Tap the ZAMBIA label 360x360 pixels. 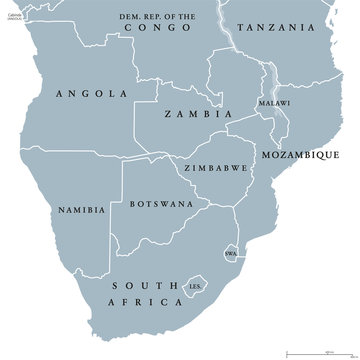point(190,115)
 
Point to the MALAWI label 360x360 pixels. point(274,103)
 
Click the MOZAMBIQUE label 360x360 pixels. point(300,155)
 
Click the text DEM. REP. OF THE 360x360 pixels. point(165,17)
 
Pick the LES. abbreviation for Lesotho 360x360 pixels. point(195,287)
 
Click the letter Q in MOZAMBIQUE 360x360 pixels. point(319,155)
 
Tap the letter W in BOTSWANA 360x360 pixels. point(162,203)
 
